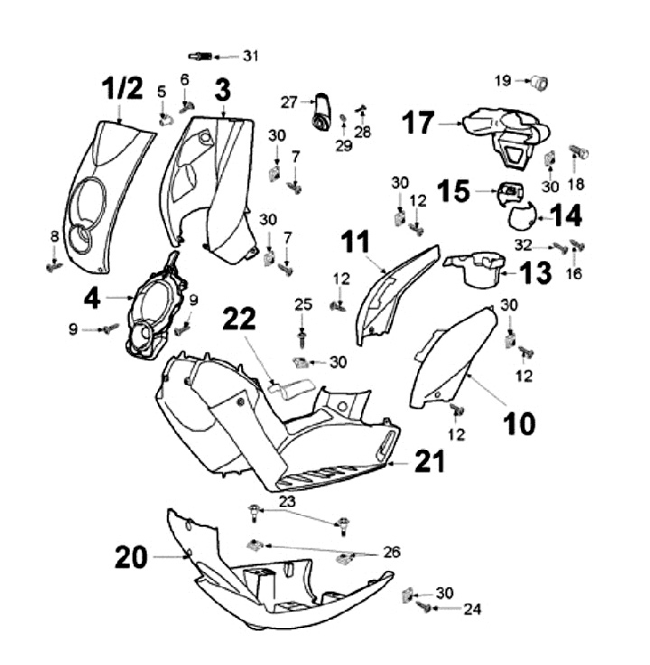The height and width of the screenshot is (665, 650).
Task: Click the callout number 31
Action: click(250, 56)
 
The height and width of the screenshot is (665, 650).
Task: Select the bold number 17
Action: click(419, 124)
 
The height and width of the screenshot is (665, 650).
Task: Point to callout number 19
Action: click(502, 80)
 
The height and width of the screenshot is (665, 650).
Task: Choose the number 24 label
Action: click(471, 610)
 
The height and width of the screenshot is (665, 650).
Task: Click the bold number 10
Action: click(519, 422)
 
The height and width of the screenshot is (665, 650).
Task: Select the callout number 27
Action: click(289, 102)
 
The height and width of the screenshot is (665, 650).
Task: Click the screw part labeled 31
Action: click(202, 57)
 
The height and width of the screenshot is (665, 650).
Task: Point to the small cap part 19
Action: click(539, 82)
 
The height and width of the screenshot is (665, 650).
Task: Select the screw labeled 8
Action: click(53, 267)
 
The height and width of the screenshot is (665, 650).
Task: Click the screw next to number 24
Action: click(423, 610)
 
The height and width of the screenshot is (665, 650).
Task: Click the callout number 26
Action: click(392, 551)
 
